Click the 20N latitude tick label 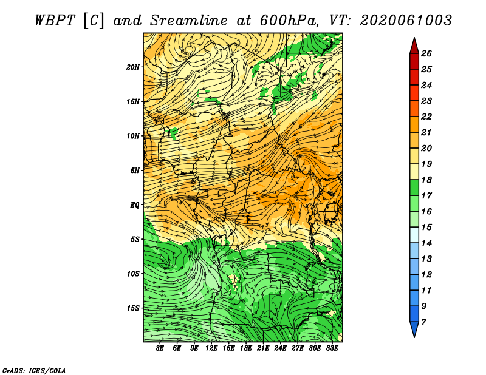(x=132, y=67)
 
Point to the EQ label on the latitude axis (x=134, y=204)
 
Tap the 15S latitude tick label (x=132, y=308)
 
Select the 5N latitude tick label (x=135, y=171)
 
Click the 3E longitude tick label (x=160, y=348)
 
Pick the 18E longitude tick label (x=246, y=348)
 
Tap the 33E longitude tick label (x=332, y=348)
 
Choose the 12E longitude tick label (x=211, y=348)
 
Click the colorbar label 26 (x=426, y=53)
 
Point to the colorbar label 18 (x=426, y=180)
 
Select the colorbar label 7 (x=423, y=322)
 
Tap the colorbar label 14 (x=426, y=243)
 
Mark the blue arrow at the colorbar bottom (x=414, y=328)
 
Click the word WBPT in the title (x=55, y=21)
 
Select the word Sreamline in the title (x=188, y=21)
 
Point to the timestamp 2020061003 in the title (x=406, y=21)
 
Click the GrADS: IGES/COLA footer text (x=34, y=370)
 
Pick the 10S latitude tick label (x=132, y=274)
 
